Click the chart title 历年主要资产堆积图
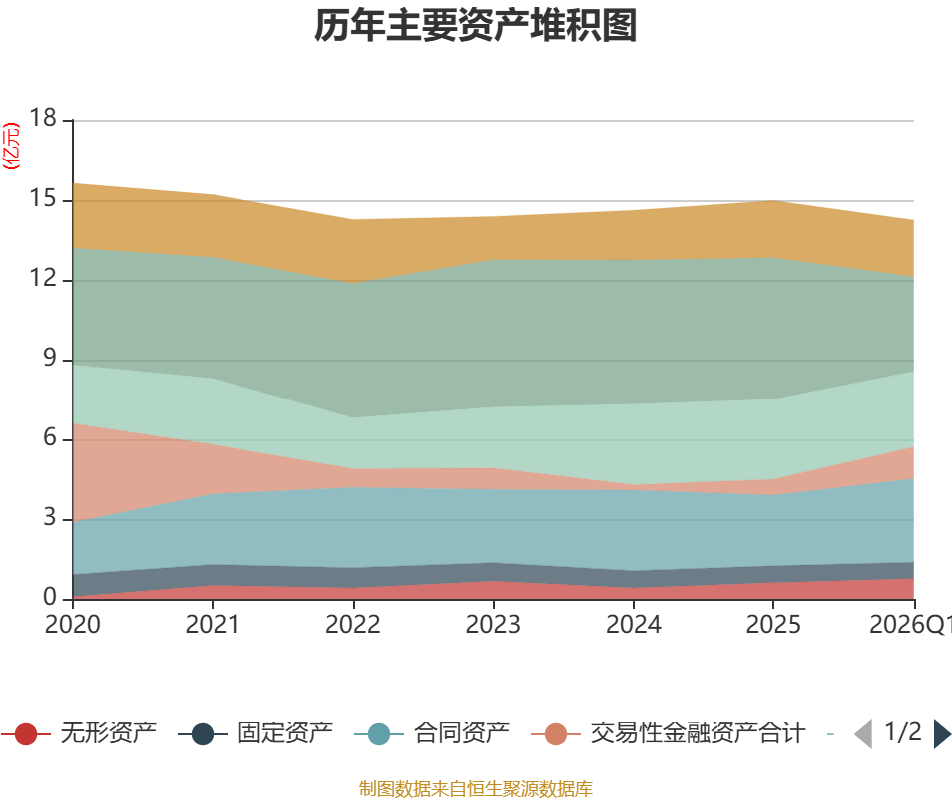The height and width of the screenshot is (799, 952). point(476,27)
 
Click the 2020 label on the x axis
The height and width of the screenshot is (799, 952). point(72,625)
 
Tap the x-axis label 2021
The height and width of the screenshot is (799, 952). point(212,625)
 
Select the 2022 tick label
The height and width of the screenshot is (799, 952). point(352,625)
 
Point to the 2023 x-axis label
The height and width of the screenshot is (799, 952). point(493,625)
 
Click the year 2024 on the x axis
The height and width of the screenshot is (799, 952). point(634,625)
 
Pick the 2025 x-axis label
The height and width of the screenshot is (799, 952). point(773,625)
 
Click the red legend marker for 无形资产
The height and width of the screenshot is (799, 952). point(26,734)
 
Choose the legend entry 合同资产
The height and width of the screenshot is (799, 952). point(462,734)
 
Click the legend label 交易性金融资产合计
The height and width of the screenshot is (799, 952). point(698,734)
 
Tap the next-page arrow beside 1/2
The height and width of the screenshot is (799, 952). point(942,734)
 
